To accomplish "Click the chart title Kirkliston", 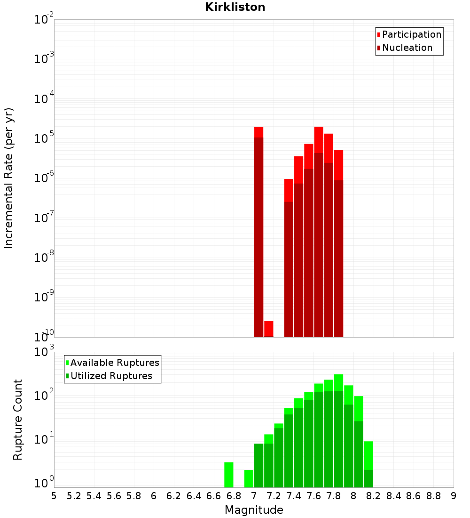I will pyautogui.click(x=235, y=7).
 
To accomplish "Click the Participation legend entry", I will pyautogui.click(x=411, y=34).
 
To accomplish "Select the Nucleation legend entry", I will pyautogui.click(x=407, y=48).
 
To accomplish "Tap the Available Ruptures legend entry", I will pyautogui.click(x=114, y=363).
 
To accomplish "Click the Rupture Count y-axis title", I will pyautogui.click(x=18, y=419).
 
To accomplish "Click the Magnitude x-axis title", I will pyautogui.click(x=254, y=510).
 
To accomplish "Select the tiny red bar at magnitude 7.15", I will pyautogui.click(x=269, y=329).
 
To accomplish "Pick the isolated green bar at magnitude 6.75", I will pyautogui.click(x=229, y=475).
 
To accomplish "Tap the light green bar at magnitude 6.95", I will pyautogui.click(x=249, y=478).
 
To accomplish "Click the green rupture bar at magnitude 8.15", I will pyautogui.click(x=368, y=464).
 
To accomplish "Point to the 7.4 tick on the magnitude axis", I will pyautogui.click(x=294, y=496).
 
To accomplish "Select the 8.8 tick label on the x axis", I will pyautogui.click(x=433, y=496).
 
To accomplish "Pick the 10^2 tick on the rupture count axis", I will pyautogui.click(x=45, y=396).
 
